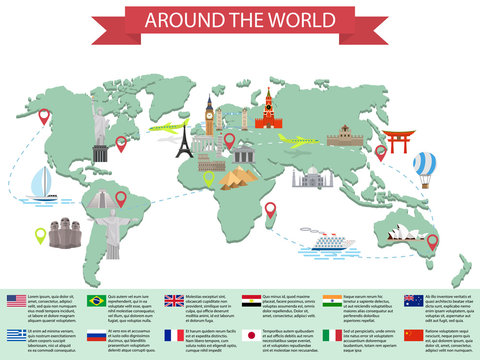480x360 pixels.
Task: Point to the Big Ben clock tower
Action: pyautogui.click(x=210, y=118)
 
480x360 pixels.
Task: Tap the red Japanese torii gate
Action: pyautogui.click(x=398, y=141)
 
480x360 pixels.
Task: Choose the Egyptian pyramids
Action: pyautogui.click(x=238, y=179)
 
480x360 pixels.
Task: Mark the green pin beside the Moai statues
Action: pyautogui.click(x=40, y=236)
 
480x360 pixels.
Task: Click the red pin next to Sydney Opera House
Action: pyautogui.click(x=432, y=241)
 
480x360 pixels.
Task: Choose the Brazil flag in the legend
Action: pyautogui.click(x=96, y=300)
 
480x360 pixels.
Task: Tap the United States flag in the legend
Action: pyautogui.click(x=15, y=300)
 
